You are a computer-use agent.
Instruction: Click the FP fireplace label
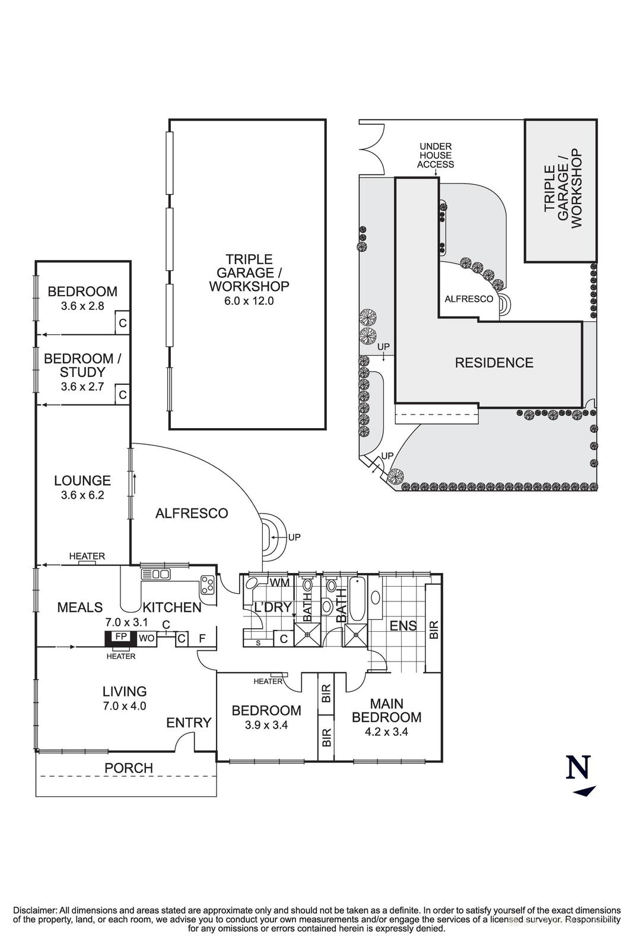121,636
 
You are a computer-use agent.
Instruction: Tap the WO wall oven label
146,638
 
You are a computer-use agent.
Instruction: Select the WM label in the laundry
279,582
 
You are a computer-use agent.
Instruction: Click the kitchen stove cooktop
208,584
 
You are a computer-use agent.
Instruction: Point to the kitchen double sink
156,574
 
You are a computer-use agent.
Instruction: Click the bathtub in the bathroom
358,597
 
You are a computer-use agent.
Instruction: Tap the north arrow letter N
578,768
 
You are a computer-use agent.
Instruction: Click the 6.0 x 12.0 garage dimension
249,300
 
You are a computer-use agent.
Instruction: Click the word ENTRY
189,723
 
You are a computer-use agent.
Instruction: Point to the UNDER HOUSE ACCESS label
435,155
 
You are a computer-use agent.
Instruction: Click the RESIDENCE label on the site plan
494,363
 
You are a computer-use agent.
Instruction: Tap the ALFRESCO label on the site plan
469,299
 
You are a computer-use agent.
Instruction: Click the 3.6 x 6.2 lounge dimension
82,495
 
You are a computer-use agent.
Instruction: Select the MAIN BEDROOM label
386,710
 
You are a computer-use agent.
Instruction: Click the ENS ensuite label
403,626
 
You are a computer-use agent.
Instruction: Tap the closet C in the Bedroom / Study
122,395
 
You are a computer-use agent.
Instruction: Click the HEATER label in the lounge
87,556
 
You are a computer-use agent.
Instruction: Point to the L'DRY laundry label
272,607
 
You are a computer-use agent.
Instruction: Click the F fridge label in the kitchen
202,638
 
